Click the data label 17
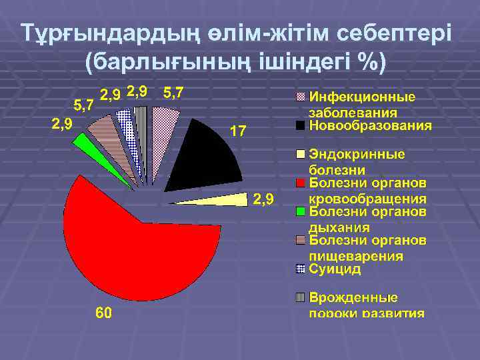238,131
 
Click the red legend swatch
301,183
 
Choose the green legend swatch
301,212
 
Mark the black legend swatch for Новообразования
301,125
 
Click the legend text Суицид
335,269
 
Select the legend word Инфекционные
361,97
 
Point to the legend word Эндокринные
357,155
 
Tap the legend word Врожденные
353,297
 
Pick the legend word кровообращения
367,199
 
